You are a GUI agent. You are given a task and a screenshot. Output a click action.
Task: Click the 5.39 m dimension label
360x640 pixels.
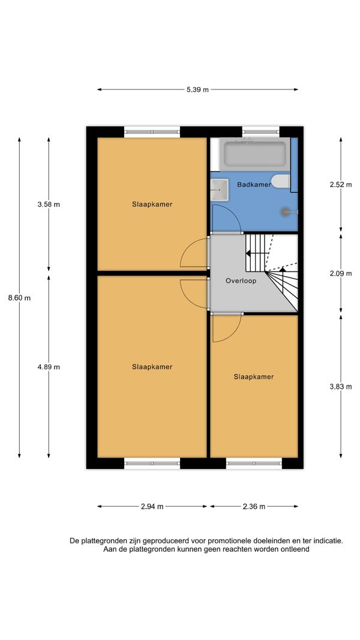pos(197,90)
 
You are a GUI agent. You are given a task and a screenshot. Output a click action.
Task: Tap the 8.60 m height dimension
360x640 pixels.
pos(19,298)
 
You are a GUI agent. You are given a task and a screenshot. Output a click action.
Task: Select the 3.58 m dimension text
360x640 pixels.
pos(49,205)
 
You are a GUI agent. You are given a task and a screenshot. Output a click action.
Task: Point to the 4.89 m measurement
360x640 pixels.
pos(49,367)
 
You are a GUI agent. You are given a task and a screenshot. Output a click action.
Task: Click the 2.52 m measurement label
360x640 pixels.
pos(340,184)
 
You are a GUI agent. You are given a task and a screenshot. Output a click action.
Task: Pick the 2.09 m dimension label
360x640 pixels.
pos(340,273)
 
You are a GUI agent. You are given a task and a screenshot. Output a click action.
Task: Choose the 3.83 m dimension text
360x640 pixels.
pos(340,387)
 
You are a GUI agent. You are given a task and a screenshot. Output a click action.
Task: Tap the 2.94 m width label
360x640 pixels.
pos(152,507)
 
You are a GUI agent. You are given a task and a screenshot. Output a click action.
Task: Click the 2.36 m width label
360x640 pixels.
pos(254,507)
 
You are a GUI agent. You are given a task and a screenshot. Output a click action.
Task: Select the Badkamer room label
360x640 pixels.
pos(254,184)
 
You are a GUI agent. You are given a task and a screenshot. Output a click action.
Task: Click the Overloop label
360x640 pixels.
pos(241,281)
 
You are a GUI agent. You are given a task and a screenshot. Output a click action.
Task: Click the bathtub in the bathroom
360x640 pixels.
pos(255,154)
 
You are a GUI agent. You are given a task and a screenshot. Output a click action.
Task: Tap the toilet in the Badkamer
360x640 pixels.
pos(281,181)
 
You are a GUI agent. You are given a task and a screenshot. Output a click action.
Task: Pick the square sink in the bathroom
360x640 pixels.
pos(219,190)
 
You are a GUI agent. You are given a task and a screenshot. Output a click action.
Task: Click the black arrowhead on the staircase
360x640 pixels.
pos(248,253)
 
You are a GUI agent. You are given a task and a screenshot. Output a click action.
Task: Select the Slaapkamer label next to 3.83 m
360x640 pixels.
pos(254,376)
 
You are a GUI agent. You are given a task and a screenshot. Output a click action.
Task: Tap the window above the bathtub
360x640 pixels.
pos(260,132)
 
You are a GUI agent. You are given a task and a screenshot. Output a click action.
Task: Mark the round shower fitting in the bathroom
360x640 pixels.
pos(286,211)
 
